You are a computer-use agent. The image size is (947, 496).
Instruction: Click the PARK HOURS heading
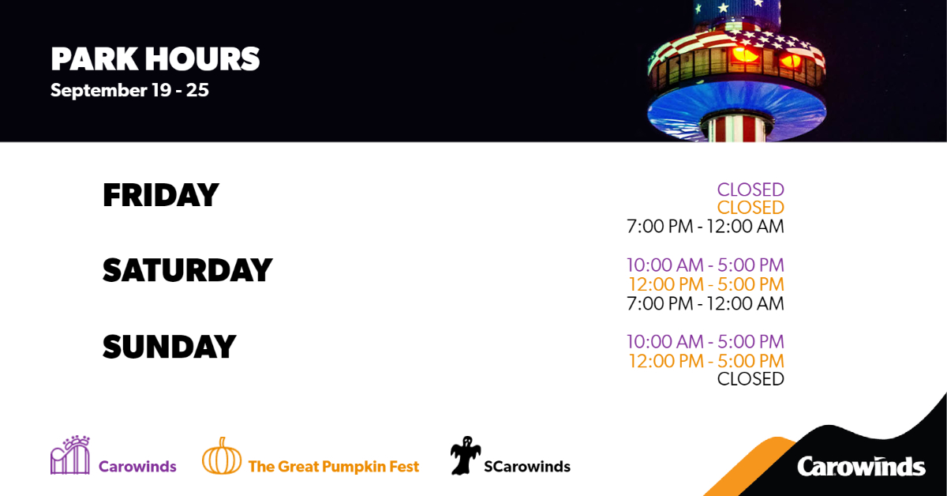(x=155, y=59)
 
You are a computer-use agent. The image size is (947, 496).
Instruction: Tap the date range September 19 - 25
(x=129, y=90)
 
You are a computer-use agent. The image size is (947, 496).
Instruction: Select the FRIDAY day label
(x=160, y=195)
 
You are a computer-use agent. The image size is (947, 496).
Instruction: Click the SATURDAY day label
(x=187, y=271)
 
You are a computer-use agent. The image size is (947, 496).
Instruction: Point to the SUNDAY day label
(x=169, y=348)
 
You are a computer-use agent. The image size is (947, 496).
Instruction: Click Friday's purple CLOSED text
(x=750, y=190)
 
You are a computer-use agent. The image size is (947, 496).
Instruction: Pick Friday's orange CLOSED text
(x=750, y=208)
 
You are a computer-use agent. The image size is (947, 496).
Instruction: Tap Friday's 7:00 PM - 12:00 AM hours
(x=705, y=227)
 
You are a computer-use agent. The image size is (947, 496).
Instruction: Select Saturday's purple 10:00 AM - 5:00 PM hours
(x=705, y=265)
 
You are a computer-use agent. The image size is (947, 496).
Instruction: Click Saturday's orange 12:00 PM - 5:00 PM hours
(x=706, y=284)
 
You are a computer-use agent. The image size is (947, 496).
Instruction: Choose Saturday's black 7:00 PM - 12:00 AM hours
(x=705, y=303)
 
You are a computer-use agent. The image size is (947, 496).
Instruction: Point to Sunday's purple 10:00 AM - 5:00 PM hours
(x=705, y=342)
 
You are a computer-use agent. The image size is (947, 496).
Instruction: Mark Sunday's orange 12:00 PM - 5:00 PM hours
(x=706, y=361)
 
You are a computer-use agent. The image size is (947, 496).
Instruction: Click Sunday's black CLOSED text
(x=750, y=379)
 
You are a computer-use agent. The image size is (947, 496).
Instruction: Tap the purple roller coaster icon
(x=70, y=455)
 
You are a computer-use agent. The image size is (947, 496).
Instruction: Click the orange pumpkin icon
(x=222, y=456)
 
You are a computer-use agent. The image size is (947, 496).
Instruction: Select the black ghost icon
(x=465, y=456)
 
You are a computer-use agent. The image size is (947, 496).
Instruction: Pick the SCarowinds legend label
(x=526, y=467)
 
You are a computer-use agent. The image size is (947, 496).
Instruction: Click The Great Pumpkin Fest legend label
(x=333, y=467)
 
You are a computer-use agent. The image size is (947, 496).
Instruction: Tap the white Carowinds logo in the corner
(x=860, y=466)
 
